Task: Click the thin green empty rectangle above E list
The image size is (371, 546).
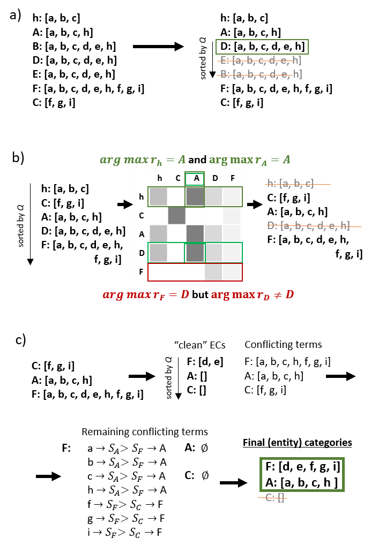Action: pyautogui.click(x=262, y=47)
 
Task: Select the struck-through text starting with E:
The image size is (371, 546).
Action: pyautogui.click(x=261, y=60)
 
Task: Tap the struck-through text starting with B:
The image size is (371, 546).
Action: pyautogui.click(x=261, y=74)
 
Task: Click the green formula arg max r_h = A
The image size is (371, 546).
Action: pyautogui.click(x=143, y=160)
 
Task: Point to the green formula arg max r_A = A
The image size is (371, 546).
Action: pyautogui.click(x=249, y=160)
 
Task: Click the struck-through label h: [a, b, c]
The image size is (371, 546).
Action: pyautogui.click(x=291, y=184)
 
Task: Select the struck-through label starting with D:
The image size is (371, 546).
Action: pyautogui.click(x=309, y=226)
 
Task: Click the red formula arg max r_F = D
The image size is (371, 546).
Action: pyautogui.click(x=145, y=294)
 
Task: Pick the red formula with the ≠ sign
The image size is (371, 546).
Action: pyautogui.click(x=252, y=294)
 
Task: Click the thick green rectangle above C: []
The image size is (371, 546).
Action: pyautogui.click(x=302, y=474)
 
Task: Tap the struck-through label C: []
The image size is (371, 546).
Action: pyautogui.click(x=275, y=498)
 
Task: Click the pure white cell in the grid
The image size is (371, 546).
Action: pyautogui.click(x=176, y=196)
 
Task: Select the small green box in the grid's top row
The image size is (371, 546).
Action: pyautogui.click(x=195, y=179)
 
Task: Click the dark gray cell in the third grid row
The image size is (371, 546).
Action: pyautogui.click(x=176, y=215)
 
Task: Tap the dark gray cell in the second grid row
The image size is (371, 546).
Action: pyautogui.click(x=195, y=196)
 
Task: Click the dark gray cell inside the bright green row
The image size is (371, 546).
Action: pyautogui.click(x=195, y=253)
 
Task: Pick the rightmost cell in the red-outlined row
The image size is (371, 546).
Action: pyautogui.click(x=232, y=271)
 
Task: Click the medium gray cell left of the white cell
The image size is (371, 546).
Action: pyautogui.click(x=158, y=196)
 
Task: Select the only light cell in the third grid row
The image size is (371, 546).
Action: pyautogui.click(x=232, y=215)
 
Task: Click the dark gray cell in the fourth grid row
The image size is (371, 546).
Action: pyautogui.click(x=195, y=233)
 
